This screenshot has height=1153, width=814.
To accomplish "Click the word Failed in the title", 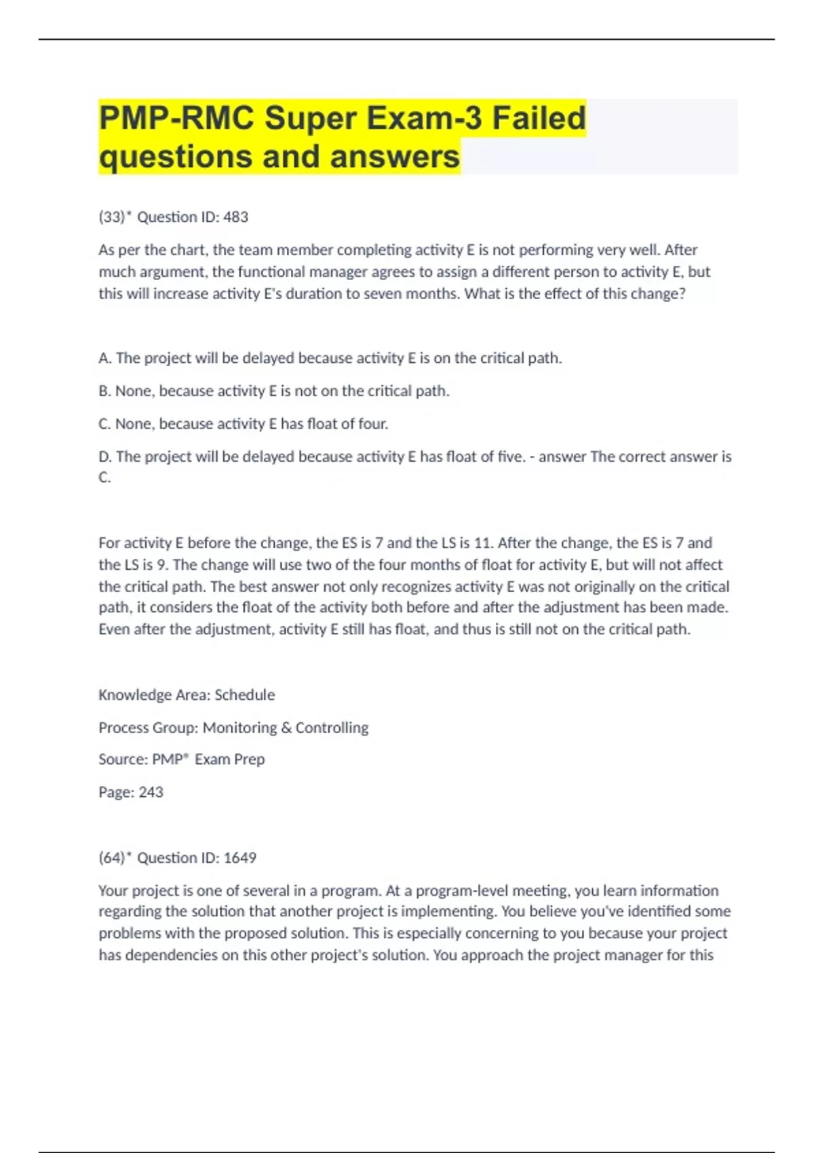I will pos(539,118).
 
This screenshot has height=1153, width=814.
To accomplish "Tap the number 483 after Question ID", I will pos(235,217).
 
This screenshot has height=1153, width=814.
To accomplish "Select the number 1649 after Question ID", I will pos(239,858).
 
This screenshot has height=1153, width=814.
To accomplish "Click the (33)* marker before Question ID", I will pos(115,217).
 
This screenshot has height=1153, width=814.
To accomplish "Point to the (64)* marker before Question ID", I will pos(115,858).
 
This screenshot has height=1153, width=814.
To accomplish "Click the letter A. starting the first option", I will pos(105,358).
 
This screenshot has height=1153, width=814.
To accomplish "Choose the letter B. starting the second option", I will pos(105,391).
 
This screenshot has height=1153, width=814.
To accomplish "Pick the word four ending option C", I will pos(373,424).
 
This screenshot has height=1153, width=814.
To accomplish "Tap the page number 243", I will pos(151,792).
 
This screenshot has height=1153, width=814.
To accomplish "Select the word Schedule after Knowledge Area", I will pos(244,695).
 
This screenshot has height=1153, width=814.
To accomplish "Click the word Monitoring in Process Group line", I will pos(239,728).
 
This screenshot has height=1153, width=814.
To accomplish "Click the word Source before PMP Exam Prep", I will pos(122,760).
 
